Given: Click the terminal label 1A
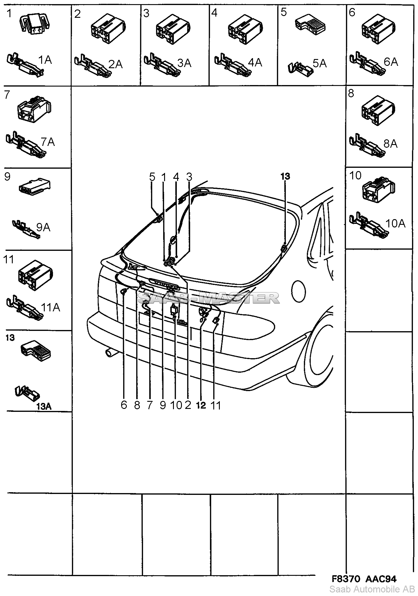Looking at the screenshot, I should (x=45, y=60).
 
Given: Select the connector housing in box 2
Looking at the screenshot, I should (x=107, y=29).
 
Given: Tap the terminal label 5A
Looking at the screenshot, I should (x=320, y=63).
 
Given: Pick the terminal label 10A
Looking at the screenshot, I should (x=395, y=223).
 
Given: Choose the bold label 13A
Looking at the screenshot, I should (x=44, y=407).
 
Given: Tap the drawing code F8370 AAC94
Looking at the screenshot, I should (x=363, y=579).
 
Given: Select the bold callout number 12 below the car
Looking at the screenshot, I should (x=201, y=405).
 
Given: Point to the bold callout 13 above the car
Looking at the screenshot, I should (x=285, y=176).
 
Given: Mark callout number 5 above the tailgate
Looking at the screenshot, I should (x=152, y=177).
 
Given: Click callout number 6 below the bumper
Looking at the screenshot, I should (x=124, y=405).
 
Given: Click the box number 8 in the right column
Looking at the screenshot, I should (x=351, y=93).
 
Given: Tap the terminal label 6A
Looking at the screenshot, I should (x=390, y=62).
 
